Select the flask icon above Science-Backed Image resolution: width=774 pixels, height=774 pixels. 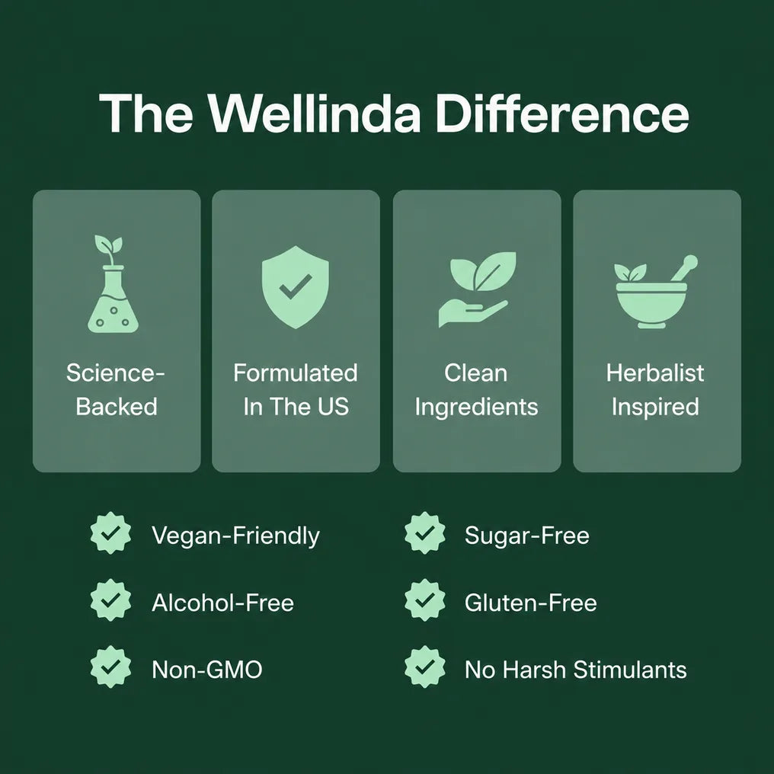click(112, 284)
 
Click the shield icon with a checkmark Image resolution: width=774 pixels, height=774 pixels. click(295, 286)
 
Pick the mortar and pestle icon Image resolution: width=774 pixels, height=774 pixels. click(655, 291)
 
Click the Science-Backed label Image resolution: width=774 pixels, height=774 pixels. click(116, 389)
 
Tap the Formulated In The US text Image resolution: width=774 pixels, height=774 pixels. click(296, 389)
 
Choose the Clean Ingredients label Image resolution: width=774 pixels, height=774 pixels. click(476, 389)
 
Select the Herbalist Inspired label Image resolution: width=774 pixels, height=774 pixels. click(655, 389)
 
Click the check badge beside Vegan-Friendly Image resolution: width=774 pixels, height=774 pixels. click(110, 533)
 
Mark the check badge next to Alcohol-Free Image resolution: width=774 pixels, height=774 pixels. click(110, 600)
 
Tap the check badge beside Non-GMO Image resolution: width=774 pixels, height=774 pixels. click(110, 667)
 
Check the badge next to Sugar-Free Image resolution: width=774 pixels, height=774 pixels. click(424, 533)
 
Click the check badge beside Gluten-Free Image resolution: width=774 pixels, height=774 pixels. click(424, 600)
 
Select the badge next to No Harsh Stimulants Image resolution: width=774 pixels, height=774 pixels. click(424, 667)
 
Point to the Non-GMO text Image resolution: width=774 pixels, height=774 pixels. click(206, 670)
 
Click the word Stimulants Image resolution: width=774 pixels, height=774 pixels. click(630, 670)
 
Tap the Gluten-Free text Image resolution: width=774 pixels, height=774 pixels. click(531, 603)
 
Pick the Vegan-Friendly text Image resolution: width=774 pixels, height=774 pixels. click(235, 536)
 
